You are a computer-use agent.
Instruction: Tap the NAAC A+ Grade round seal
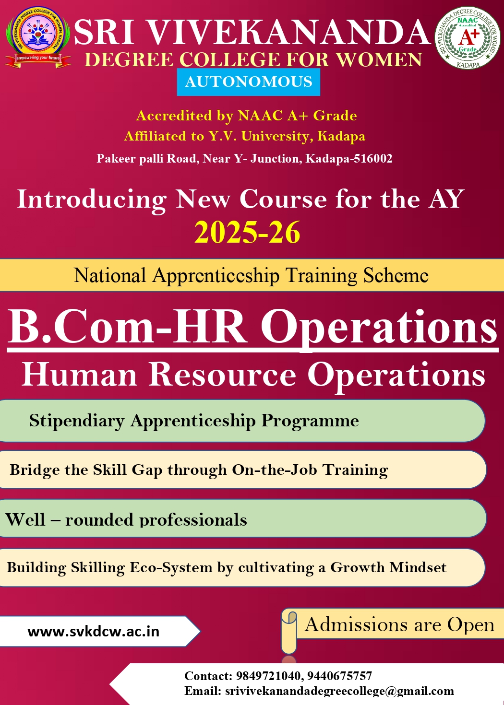[468, 38]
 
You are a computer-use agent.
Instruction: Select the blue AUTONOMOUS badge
[249, 82]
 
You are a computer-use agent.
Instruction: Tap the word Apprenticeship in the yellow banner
[216, 276]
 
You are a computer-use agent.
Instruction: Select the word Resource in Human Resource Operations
[222, 374]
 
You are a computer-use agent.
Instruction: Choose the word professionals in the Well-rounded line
[193, 520]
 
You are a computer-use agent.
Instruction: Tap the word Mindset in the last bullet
[418, 567]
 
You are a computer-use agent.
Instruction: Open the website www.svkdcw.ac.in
[94, 632]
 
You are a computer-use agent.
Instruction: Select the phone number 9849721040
[270, 675]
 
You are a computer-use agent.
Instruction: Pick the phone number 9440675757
[339, 675]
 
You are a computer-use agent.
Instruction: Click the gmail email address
[339, 691]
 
